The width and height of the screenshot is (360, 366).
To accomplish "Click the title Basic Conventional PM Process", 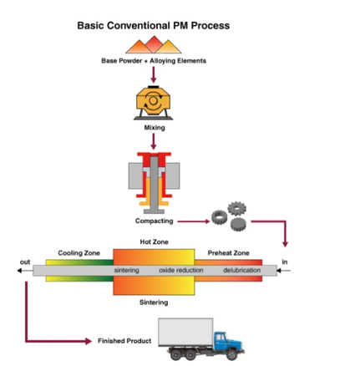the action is pos(154,26).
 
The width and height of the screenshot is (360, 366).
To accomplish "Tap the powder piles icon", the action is pos(154,44).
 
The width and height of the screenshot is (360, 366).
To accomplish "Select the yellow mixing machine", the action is pos(153,103).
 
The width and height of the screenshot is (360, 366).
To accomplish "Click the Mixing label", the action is pos(155,128).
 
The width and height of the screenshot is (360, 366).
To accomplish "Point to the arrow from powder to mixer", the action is pos(153,74).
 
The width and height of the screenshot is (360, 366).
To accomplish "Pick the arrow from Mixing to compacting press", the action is pos(154,141).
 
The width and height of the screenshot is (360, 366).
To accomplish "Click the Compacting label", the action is pos(154,221).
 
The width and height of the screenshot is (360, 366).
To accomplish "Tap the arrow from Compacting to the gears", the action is pos(194,221).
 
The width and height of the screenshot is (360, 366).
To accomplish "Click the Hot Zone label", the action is pos(154,241).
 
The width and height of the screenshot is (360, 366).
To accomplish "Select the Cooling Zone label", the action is pos(79,253).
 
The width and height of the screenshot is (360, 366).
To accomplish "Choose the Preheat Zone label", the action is pos(228,253).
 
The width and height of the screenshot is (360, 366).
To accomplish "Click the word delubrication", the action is pos(241,270).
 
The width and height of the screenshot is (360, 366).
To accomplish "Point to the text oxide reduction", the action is pos(181,270).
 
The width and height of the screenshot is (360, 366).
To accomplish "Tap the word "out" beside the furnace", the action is pos(25,262).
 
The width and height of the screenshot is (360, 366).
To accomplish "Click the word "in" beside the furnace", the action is pos(285,262).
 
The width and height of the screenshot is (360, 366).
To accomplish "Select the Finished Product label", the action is pos(124,341).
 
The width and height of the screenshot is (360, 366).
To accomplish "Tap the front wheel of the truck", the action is pos(231,354).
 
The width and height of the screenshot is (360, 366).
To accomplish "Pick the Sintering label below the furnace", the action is pos(154,302).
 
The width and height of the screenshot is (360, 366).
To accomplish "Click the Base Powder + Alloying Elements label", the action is pos(154,61).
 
